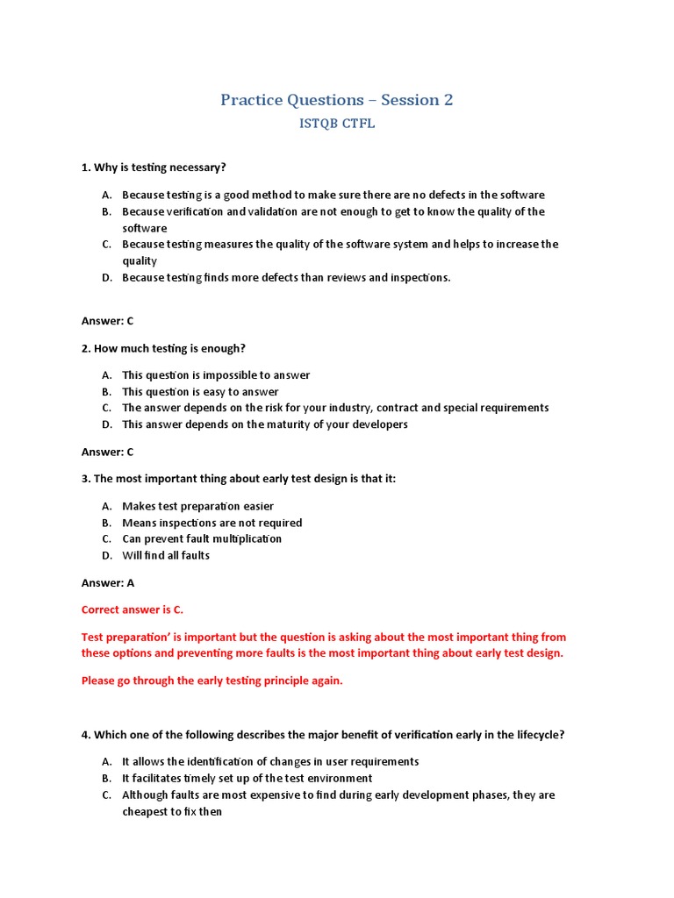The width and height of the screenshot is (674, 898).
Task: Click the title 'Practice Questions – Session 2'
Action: click(336, 100)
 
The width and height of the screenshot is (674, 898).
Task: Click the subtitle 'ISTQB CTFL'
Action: click(337, 124)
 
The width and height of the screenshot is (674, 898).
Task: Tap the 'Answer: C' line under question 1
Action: click(107, 321)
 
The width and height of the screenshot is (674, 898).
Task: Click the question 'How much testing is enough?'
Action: click(169, 348)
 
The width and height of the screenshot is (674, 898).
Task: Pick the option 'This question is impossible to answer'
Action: click(216, 375)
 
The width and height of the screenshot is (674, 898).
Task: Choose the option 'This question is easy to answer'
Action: click(200, 392)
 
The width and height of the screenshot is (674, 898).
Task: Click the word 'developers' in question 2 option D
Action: click(379, 424)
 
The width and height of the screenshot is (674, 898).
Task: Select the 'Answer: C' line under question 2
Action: click(107, 452)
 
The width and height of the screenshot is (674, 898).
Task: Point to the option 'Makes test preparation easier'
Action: click(197, 506)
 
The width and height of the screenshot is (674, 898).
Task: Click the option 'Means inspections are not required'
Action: click(212, 523)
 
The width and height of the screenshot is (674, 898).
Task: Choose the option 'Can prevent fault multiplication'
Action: click(202, 538)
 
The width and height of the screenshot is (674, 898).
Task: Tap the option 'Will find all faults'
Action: click(166, 555)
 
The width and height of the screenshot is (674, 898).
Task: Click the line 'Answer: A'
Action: click(107, 582)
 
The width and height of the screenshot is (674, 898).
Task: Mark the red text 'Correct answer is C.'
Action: click(133, 609)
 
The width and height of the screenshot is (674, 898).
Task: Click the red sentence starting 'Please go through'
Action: click(212, 681)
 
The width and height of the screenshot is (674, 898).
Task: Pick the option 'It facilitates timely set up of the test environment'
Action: click(247, 778)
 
